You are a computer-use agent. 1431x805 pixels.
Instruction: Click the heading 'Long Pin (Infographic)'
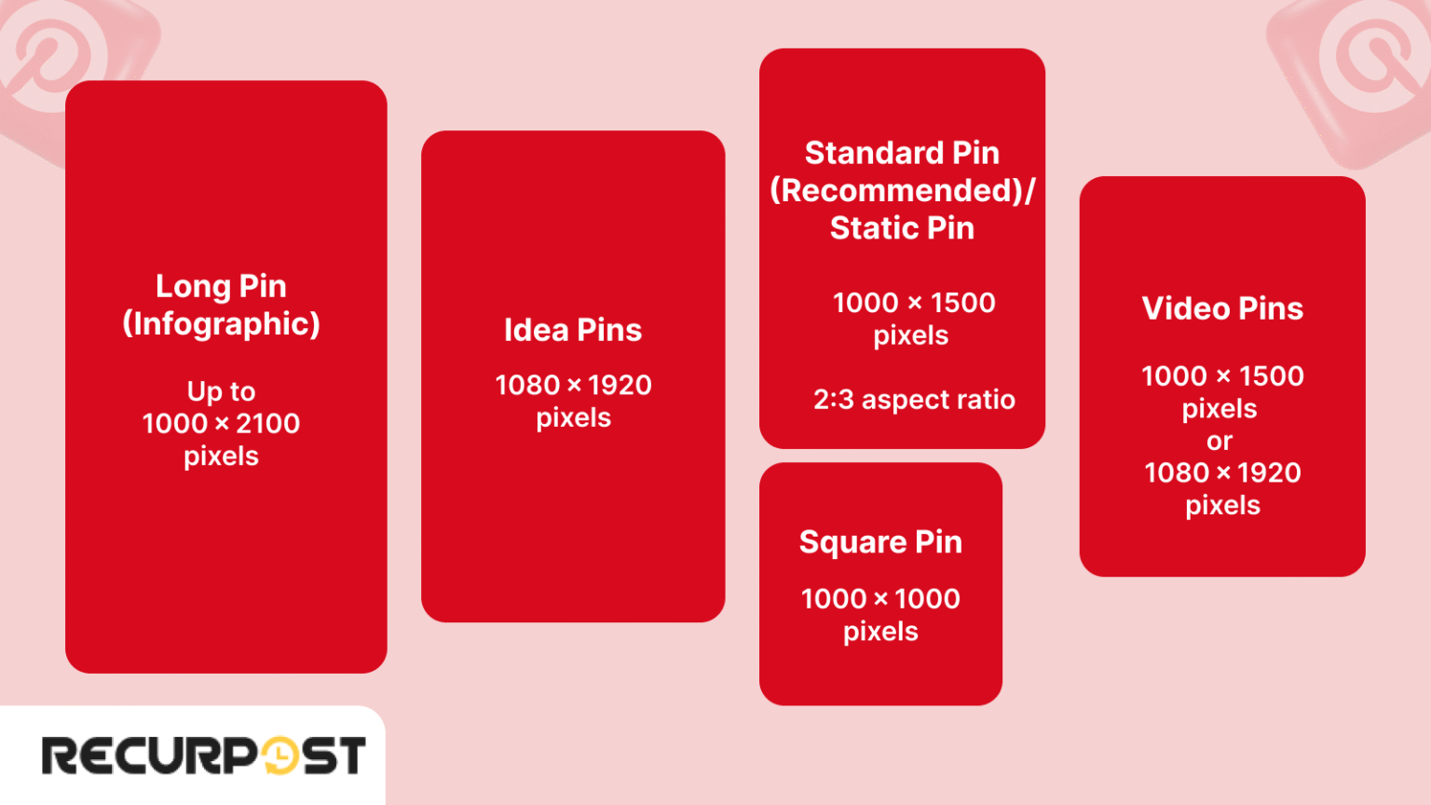(221, 305)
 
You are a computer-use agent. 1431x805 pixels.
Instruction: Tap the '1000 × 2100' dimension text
(221, 424)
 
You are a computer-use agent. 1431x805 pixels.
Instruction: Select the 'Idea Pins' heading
(573, 330)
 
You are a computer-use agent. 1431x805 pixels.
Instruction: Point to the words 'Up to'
(221, 391)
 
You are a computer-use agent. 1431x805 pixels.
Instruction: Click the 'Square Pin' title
(880, 542)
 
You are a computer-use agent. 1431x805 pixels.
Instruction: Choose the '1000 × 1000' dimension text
(880, 599)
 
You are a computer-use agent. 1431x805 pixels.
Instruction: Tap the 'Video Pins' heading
(1222, 308)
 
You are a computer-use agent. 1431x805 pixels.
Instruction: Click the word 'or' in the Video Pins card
(1220, 442)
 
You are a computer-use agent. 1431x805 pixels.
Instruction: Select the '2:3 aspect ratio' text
(914, 400)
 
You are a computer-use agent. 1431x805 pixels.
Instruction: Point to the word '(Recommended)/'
(902, 190)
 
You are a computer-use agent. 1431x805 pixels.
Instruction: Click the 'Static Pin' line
(902, 228)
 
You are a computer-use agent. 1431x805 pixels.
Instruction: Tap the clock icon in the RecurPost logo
(280, 756)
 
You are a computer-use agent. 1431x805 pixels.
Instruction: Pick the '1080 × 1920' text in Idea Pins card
(573, 385)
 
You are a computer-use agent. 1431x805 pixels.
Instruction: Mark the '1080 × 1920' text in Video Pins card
(1222, 473)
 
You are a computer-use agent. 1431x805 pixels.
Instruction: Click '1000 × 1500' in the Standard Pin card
(914, 303)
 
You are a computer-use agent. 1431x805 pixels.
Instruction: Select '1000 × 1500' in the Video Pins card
(1222, 376)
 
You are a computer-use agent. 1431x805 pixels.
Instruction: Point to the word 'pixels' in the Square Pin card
(880, 632)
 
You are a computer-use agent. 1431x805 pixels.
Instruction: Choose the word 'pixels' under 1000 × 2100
(221, 457)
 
